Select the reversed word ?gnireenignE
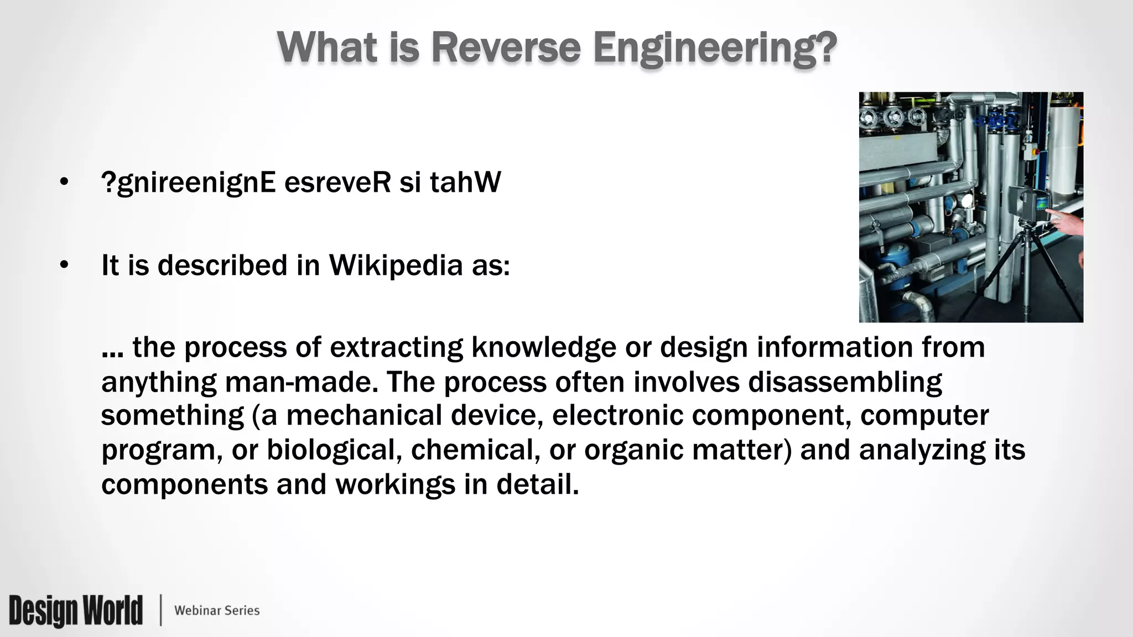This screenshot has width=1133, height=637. [x=189, y=183]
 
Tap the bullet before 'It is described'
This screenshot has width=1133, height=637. [x=64, y=265]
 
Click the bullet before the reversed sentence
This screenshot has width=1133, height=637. [x=64, y=182]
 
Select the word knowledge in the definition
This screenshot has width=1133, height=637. [x=543, y=348]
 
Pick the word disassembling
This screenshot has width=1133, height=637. [x=845, y=382]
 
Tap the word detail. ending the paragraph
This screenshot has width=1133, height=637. [x=537, y=484]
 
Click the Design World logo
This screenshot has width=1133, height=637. [x=76, y=610]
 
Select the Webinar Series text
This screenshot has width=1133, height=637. [x=217, y=610]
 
